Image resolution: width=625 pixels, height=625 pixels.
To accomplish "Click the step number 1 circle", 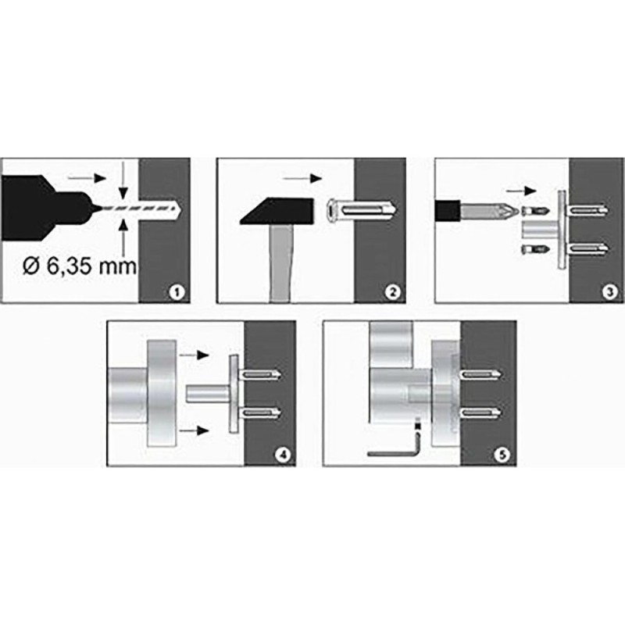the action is (177, 292).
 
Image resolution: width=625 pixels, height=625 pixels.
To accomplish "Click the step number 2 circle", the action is (392, 292).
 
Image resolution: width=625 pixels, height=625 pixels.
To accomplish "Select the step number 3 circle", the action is (609, 292).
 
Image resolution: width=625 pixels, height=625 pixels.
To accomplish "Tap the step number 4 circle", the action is (283, 455).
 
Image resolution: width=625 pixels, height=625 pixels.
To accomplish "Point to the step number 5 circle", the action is (502, 455).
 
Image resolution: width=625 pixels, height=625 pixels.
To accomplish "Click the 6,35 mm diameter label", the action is (80, 266).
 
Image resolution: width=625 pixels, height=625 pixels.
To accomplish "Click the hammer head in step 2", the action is (277, 211).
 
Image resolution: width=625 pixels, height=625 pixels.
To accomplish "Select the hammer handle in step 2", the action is (280, 262).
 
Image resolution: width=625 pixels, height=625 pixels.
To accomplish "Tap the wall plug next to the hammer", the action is (361, 210).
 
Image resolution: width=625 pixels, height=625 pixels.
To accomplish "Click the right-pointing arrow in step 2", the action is (302, 179).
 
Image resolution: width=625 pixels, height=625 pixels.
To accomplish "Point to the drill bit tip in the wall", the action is (180, 209).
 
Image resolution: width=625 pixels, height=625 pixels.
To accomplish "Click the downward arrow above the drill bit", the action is (123, 180).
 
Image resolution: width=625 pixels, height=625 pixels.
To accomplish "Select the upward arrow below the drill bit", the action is (123, 237).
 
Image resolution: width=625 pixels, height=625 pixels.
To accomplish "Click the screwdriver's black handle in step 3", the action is (448, 212).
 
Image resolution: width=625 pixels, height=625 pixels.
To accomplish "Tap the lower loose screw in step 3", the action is (536, 250).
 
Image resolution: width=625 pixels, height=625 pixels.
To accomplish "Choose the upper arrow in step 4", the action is (194, 355).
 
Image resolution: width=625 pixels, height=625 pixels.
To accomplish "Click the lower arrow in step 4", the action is (194, 430).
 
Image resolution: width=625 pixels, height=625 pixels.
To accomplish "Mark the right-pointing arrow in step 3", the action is (521, 191).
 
